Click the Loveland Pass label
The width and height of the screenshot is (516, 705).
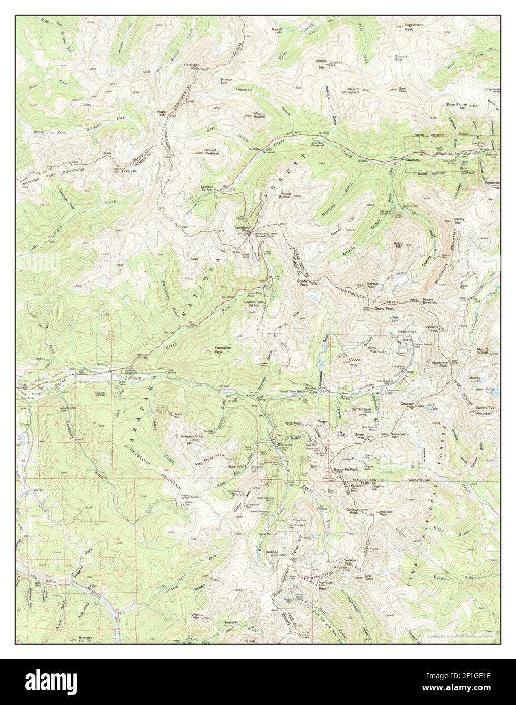pos(242,229)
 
